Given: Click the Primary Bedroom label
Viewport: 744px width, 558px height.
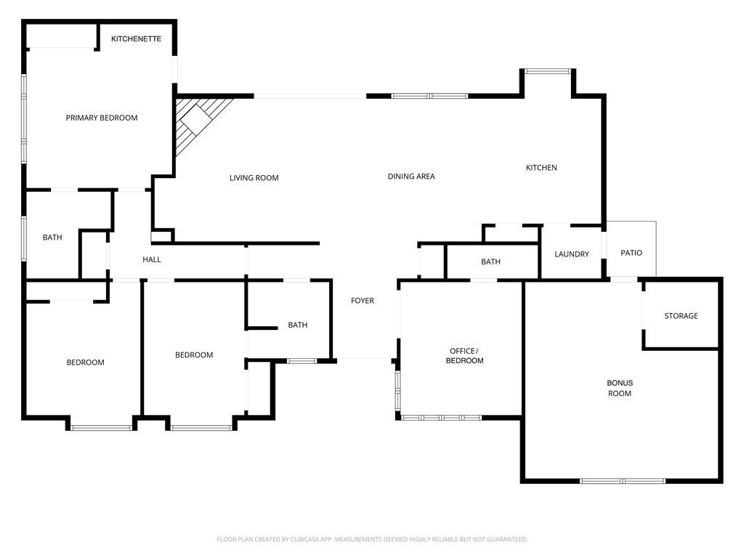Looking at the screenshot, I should coord(102,118).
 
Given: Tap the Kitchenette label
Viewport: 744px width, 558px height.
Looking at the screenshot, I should coord(136,39).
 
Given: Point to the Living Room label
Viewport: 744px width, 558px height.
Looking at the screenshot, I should coord(254,178).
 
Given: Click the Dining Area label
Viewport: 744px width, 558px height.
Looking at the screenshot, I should coord(411,177).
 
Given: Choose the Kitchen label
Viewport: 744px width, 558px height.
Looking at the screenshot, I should coord(541,168).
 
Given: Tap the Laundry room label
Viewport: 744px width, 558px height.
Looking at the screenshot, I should coord(572,254).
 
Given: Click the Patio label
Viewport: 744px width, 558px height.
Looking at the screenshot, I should coord(631,253).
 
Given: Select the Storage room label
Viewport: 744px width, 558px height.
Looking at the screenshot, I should coord(681,316).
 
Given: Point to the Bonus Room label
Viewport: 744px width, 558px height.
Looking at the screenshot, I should coord(620,388).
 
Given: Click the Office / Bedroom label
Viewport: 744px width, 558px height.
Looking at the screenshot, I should coord(464,356).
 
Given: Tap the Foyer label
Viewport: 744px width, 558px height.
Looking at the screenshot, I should coord(363,301).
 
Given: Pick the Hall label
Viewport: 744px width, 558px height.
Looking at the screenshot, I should coord(152,259).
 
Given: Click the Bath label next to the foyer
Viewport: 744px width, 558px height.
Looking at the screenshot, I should coord(297,325).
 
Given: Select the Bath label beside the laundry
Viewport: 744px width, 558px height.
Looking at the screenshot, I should coord(490,262).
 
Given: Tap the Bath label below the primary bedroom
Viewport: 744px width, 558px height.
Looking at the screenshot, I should coord(52,238).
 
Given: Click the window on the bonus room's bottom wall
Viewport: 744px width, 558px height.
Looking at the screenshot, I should coord(622,481).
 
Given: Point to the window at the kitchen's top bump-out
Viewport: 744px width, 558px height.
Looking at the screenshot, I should coord(548,71).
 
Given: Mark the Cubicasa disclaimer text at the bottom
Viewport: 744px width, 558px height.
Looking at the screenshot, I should coord(372,539).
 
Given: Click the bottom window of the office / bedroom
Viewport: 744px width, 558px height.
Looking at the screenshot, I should coord(442,418).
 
